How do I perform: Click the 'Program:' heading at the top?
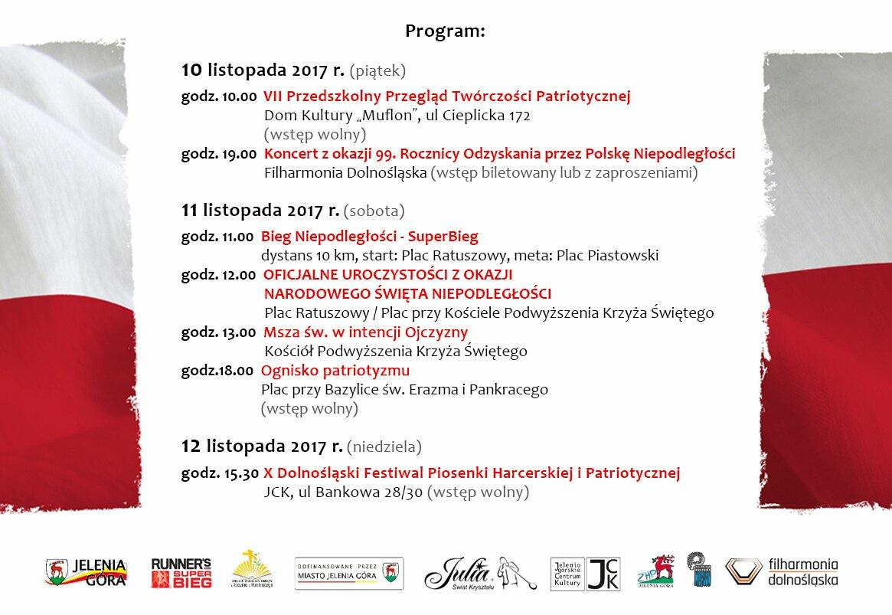(x=446, y=31)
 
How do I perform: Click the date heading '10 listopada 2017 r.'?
(x=263, y=71)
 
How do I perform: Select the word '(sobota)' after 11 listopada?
(x=374, y=209)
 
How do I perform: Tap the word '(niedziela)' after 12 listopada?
(x=384, y=446)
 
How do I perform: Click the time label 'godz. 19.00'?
(x=218, y=154)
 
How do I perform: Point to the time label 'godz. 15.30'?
(x=220, y=473)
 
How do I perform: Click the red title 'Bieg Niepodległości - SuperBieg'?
(x=370, y=237)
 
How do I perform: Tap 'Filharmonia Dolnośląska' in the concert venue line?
(x=345, y=173)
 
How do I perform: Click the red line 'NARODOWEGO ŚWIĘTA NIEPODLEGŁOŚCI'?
(x=407, y=293)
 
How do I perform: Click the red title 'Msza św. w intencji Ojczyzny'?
(x=365, y=332)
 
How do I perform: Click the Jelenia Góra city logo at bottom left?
(x=86, y=572)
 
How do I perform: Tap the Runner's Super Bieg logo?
(x=181, y=572)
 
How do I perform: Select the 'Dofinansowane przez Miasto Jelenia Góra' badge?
(x=349, y=573)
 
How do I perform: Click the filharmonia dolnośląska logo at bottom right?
(x=782, y=572)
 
